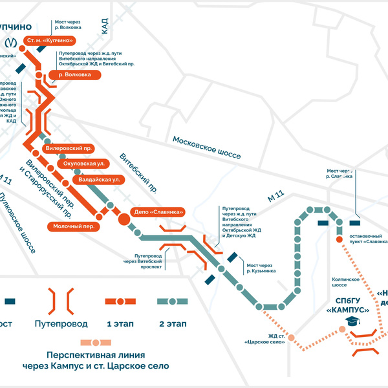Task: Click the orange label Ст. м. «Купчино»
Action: tap(49, 41)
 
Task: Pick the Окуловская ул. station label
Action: tap(84, 164)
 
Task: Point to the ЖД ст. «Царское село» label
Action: tap(264, 338)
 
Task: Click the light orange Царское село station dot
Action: tap(292, 338)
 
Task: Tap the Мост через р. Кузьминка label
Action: tap(262, 268)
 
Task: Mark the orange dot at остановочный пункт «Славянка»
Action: tap(338, 237)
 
